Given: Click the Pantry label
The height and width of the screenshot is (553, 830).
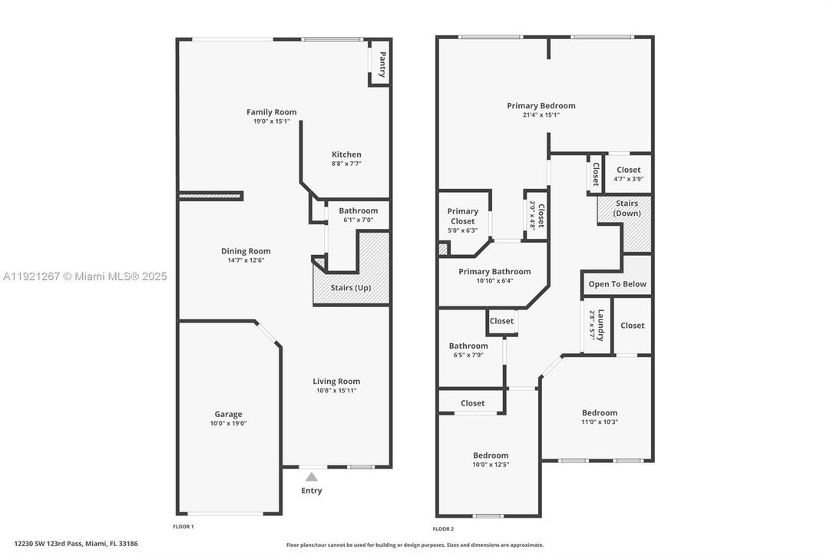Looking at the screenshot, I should point(382,64).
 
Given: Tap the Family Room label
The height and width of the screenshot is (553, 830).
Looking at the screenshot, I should point(271,112).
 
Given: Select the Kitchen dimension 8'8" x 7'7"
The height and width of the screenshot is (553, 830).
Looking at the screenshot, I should point(346,164).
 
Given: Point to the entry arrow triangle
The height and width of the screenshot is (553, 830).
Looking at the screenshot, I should point(311,477).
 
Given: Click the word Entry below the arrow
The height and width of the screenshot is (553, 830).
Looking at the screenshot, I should point(312,491).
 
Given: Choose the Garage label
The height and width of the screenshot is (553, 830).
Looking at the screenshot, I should point(228,414).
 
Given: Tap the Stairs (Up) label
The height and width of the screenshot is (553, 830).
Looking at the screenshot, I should point(352,288).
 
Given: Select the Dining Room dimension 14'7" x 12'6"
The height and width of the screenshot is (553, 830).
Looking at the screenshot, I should point(246,260).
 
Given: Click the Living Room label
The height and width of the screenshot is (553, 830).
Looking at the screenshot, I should point(336,381).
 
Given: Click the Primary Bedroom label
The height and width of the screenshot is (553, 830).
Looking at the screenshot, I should point(541,106).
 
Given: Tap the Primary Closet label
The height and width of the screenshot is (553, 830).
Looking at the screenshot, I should point(462,216).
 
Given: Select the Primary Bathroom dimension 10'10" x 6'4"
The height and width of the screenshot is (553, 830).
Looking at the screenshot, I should point(494,280).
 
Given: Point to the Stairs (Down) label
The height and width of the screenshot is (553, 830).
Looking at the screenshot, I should point(627,208).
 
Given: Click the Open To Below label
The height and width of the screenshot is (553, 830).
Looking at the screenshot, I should point(617,284).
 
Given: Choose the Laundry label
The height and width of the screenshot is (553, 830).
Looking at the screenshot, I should point(601,325).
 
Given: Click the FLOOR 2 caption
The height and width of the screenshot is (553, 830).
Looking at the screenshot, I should point(443,528).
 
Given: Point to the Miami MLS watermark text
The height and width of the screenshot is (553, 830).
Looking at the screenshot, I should point(84,276).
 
